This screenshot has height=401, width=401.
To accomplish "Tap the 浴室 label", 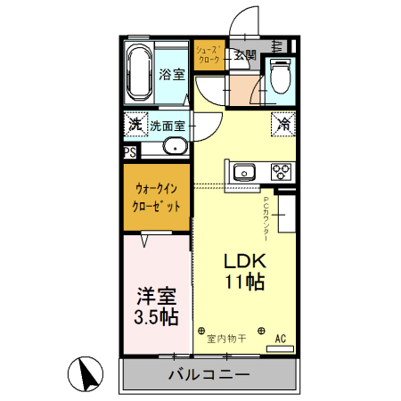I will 172,75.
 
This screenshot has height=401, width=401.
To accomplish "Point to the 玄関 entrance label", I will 245,55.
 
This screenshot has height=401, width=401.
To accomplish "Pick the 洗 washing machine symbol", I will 135,125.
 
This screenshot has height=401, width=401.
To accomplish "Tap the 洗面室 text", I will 167,126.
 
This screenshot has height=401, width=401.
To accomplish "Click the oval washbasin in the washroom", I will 175,147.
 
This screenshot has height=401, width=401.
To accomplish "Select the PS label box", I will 130,152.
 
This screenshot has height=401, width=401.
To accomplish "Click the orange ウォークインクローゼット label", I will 157,196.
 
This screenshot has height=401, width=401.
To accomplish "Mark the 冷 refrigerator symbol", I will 282,124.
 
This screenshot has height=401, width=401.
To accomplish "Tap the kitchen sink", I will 244,171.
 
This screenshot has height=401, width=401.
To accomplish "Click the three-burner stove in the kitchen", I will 282,171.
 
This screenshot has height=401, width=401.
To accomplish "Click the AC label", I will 280,339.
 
